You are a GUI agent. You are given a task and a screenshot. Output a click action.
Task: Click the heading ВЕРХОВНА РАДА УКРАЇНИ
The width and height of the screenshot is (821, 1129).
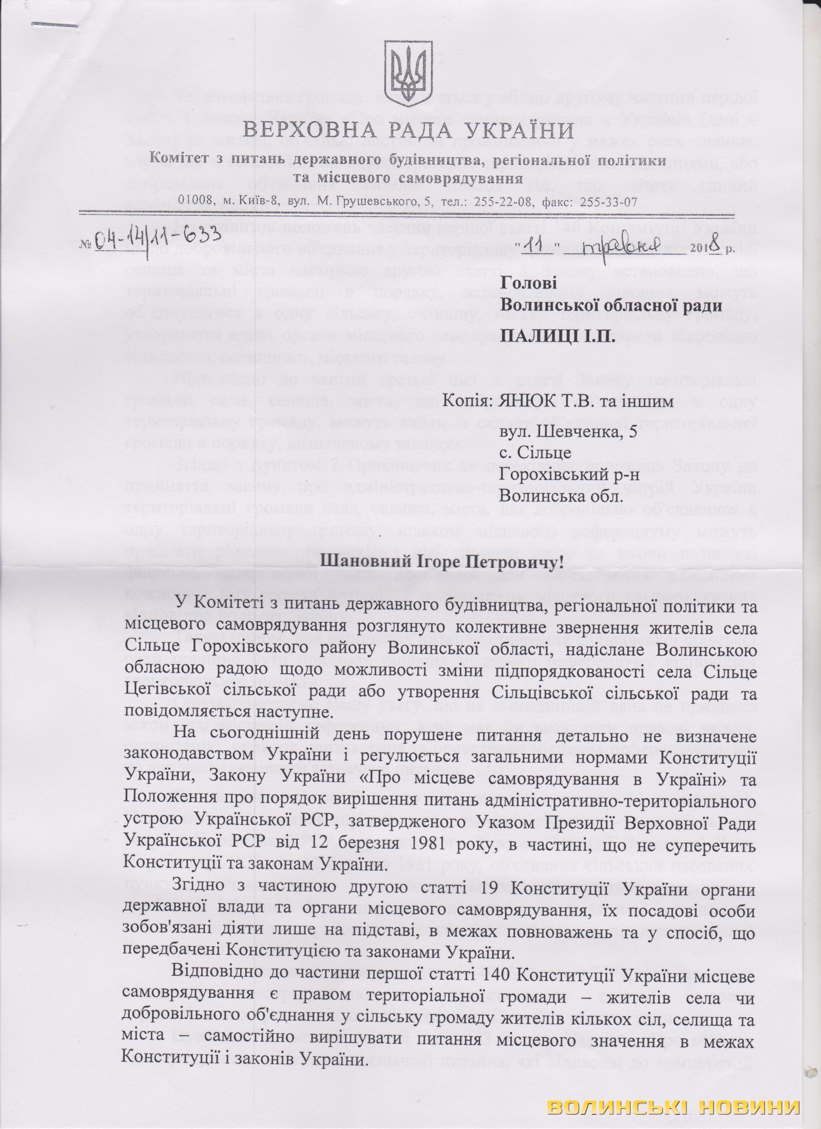click(409, 131)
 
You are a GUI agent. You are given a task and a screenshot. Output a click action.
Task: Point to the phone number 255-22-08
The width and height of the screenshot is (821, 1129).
click(498, 202)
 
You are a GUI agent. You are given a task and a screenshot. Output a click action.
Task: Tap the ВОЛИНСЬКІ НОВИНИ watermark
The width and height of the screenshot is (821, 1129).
click(673, 1108)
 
